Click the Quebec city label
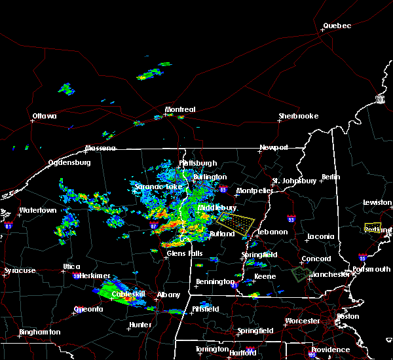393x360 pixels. click(337, 26)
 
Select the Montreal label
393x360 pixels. click(179, 109)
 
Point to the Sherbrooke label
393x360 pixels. click(298, 117)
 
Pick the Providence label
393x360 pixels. click(331, 350)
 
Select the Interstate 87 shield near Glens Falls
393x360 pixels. click(154, 225)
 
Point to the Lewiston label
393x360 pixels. click(378, 203)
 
